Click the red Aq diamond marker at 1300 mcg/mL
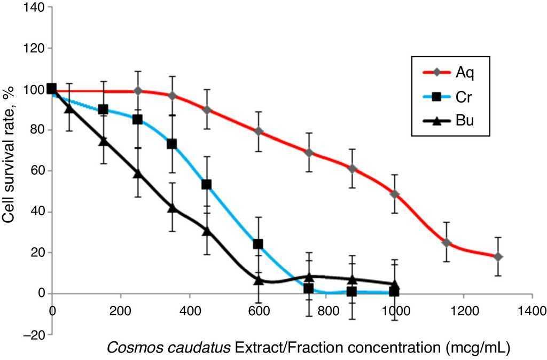[497, 257]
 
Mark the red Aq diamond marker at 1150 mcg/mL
[447, 243]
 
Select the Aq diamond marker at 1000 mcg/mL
[395, 194]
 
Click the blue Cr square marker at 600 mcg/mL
[258, 244]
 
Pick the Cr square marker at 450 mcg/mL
[207, 185]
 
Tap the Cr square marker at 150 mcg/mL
[103, 109]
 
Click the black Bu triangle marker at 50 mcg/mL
[69, 108]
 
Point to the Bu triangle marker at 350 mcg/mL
[172, 208]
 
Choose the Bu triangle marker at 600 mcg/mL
[259, 280]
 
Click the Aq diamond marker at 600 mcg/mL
[259, 131]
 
